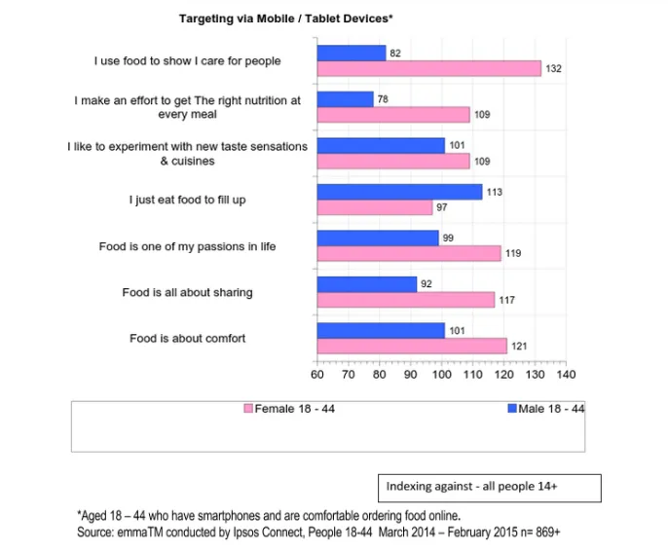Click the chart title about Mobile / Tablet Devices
tap(284, 18)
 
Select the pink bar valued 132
tap(428, 68)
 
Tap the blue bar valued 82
tap(351, 54)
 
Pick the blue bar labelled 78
tap(345, 99)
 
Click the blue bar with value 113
tap(399, 192)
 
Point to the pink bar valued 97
tap(374, 207)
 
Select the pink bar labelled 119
tap(408, 253)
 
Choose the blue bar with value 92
tap(366, 284)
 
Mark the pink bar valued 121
tap(411, 346)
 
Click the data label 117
tap(506, 300)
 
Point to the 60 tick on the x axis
tap(317, 375)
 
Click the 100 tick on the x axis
tap(441, 375)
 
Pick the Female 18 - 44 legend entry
tap(289, 409)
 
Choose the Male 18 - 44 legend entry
tap(545, 409)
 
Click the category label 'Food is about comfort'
tap(188, 339)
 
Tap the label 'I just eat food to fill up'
tap(188, 200)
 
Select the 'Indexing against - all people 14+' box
tap(489, 487)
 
